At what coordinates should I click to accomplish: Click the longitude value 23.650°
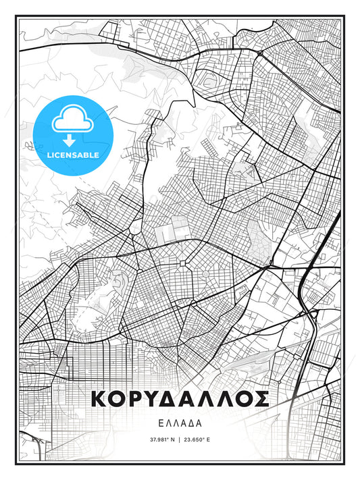196,439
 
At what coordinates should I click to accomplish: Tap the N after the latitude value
172,439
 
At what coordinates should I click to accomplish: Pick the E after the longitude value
209,439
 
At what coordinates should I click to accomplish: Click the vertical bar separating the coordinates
180,439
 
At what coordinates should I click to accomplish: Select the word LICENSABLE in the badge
73,155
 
